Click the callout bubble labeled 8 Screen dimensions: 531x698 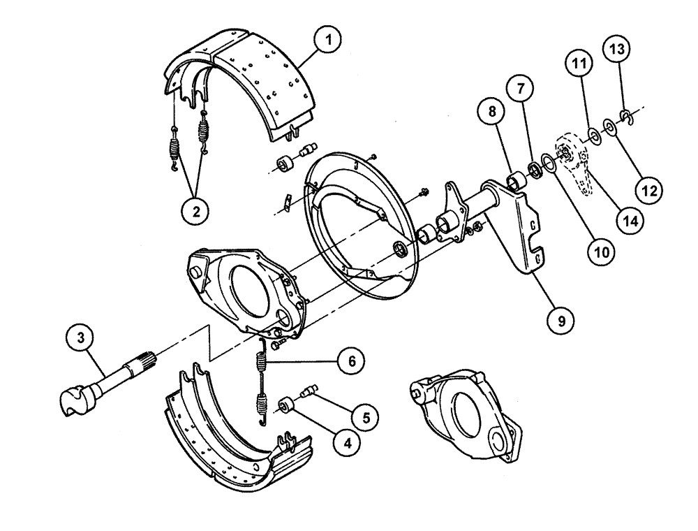(x=493, y=111)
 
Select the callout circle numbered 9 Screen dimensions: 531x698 (x=560, y=321)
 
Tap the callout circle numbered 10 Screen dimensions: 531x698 (x=600, y=249)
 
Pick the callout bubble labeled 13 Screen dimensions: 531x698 (x=619, y=50)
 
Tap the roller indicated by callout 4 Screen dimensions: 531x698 (x=286, y=405)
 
